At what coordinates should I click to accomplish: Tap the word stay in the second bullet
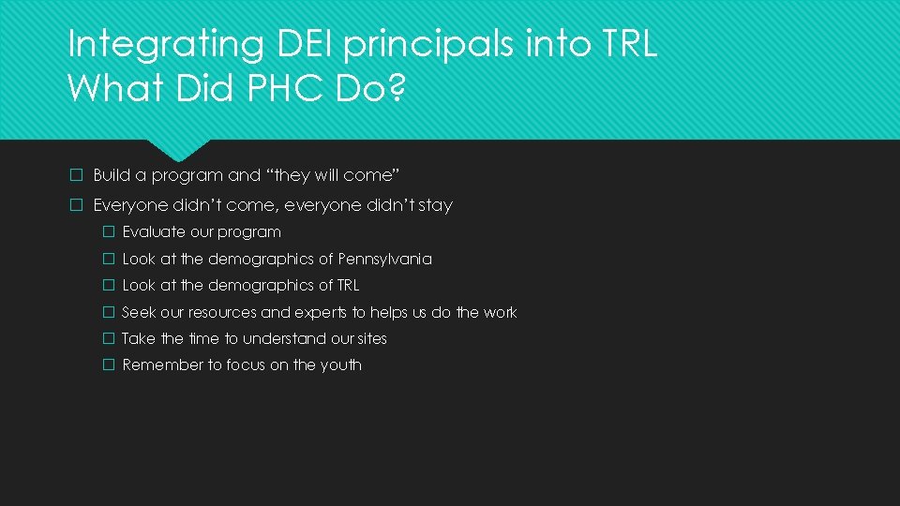pos(434,205)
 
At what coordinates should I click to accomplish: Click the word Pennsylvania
pos(384,259)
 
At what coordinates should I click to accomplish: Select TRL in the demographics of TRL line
pos(348,285)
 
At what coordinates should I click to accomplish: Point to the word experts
pos(322,312)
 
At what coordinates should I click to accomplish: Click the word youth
pos(340,365)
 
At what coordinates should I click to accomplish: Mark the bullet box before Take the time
pos(108,338)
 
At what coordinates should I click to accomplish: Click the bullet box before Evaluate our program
pos(108,232)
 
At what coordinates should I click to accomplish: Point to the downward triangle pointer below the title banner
pos(179,150)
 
